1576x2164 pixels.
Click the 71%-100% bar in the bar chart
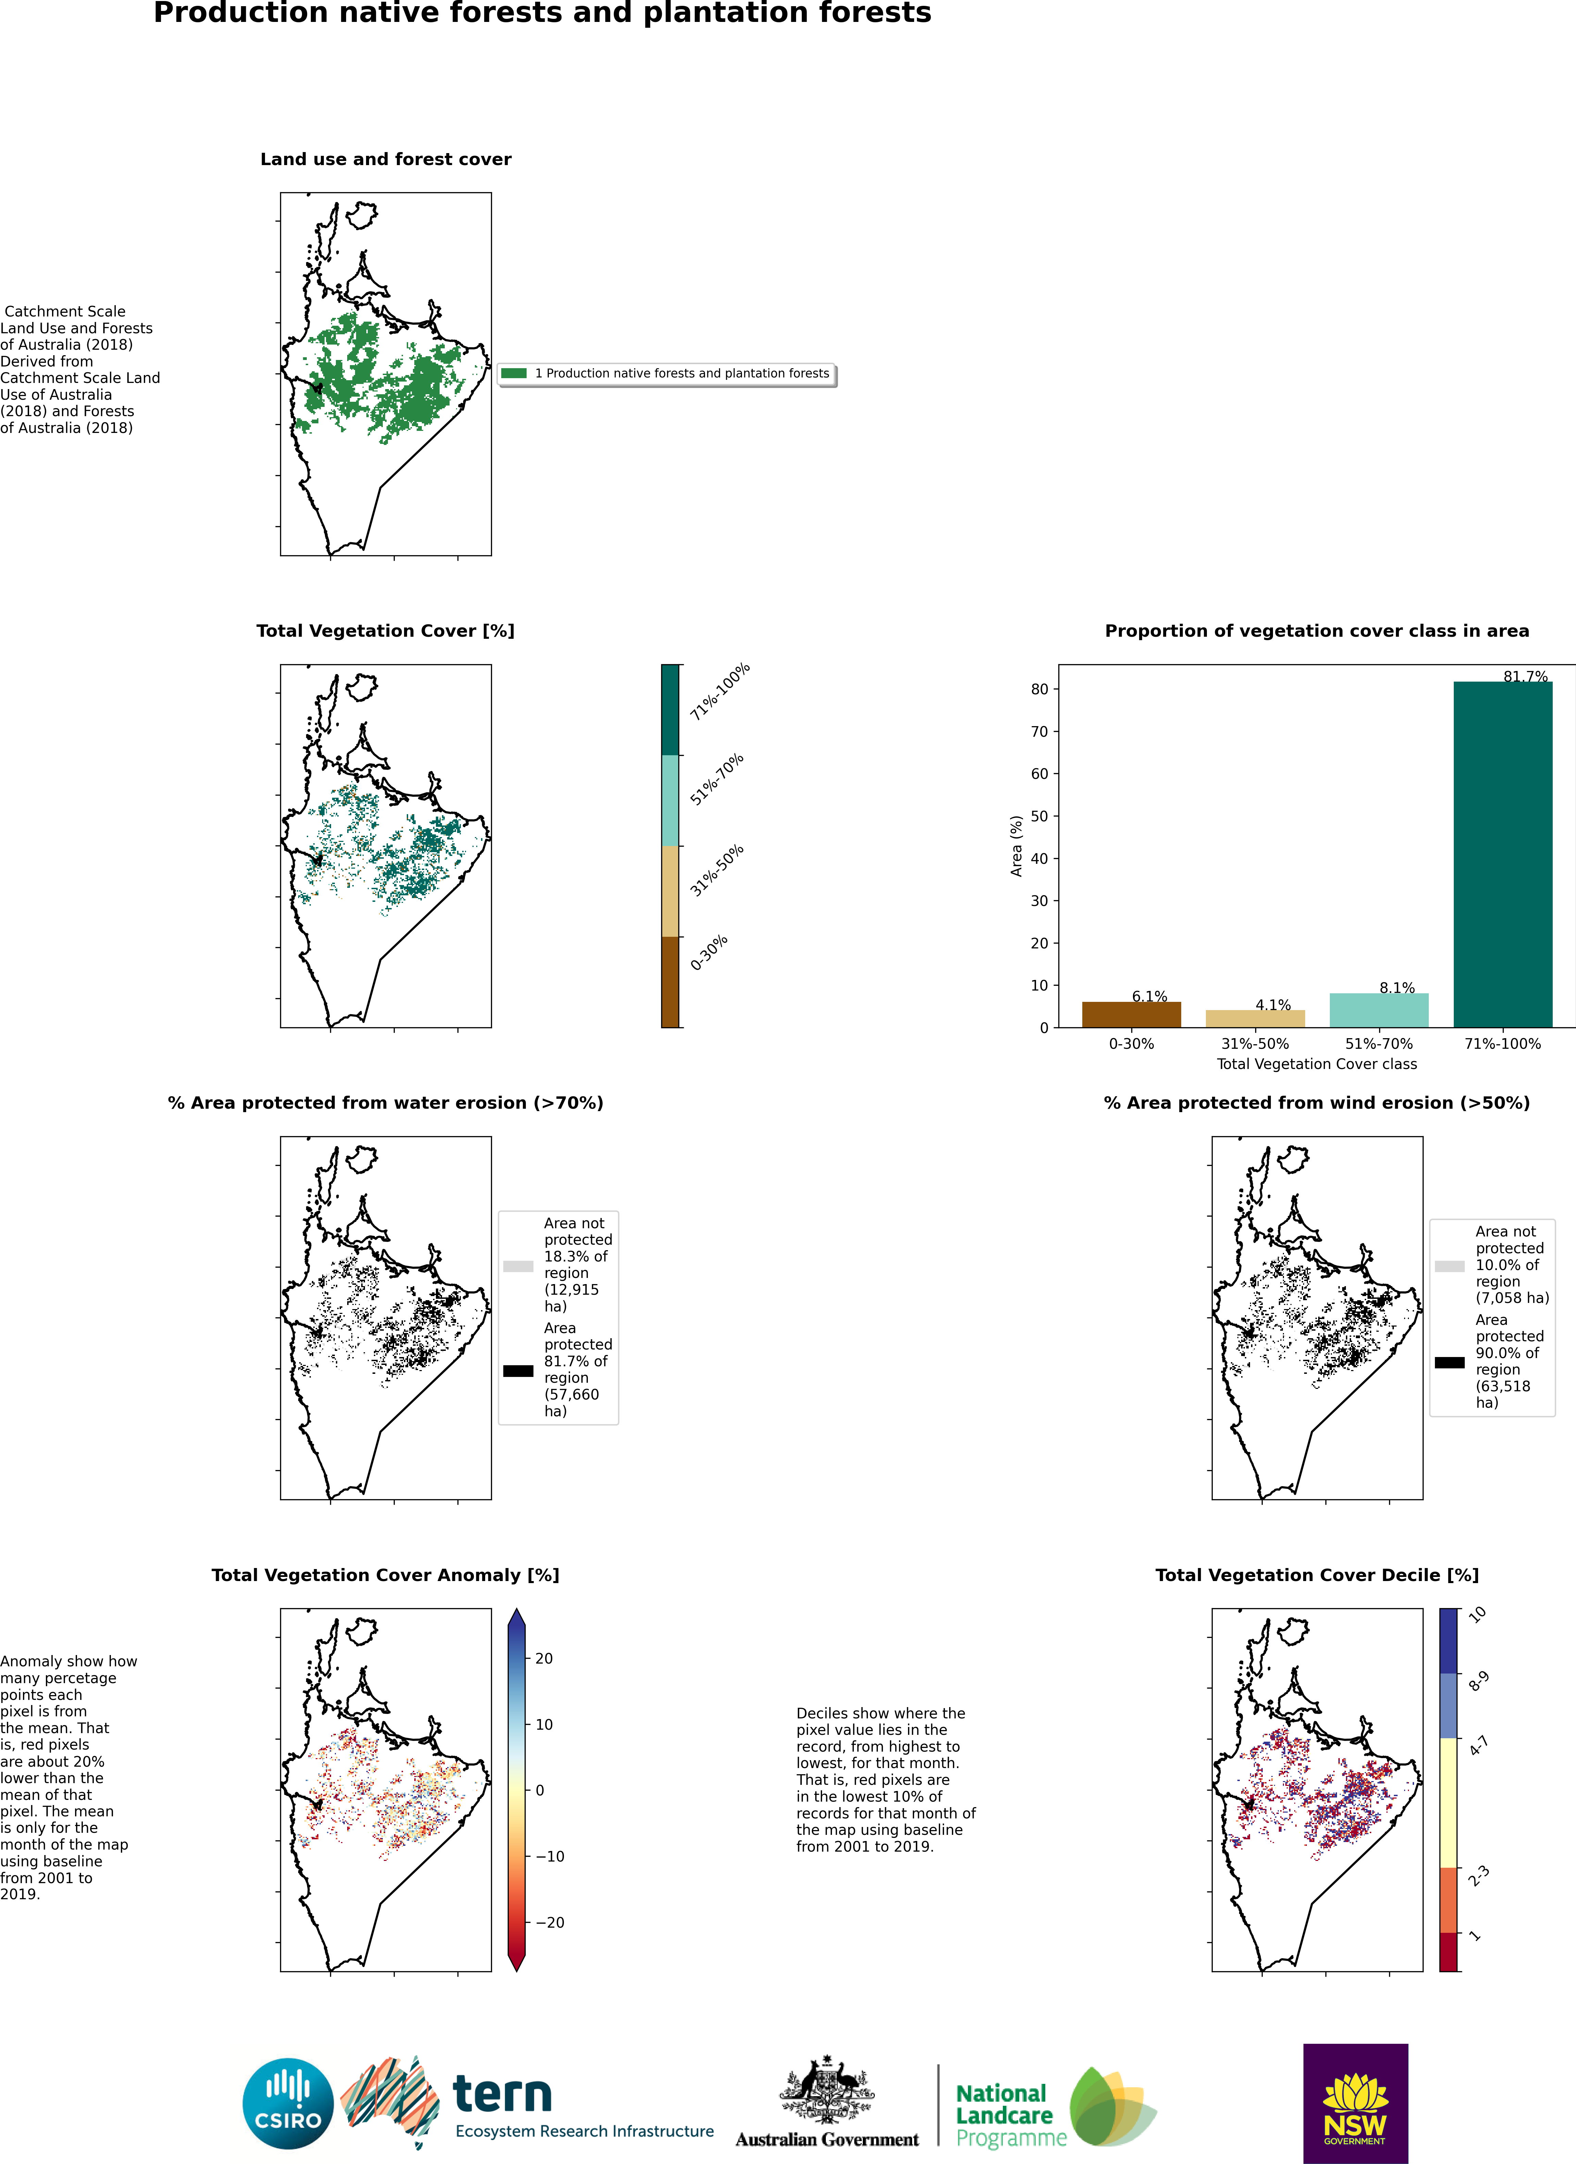[1502, 854]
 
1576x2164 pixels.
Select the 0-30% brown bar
[1132, 1014]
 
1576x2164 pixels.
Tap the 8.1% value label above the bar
[1397, 987]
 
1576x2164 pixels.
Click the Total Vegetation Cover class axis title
[1316, 1064]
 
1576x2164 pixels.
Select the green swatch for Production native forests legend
[514, 373]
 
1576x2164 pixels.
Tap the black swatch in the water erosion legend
[518, 1371]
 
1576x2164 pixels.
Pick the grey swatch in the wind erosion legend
[1449, 1266]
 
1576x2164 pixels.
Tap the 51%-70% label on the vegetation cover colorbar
[717, 780]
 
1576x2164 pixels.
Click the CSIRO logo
[288, 2104]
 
